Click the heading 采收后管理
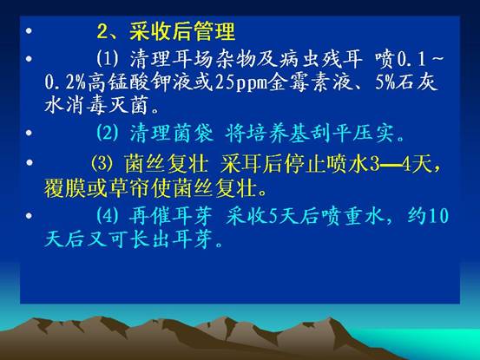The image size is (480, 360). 182,31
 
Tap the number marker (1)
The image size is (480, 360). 107,58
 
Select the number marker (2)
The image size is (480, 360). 107,133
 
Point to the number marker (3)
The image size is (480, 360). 102,163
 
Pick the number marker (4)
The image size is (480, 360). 107,216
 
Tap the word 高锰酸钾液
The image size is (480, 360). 150,82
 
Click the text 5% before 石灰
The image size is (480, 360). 385,82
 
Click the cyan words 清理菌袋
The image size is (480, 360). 172,133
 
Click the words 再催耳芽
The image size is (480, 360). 170,216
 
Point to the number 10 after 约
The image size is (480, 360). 437,216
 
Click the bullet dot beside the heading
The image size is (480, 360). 29,30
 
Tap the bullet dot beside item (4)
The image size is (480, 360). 29,216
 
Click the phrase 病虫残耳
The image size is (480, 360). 320,58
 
